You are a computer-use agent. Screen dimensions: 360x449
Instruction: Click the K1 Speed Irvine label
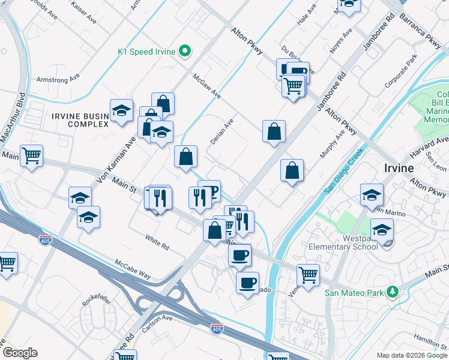coord(146,52)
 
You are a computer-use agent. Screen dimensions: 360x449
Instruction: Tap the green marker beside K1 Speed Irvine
coord(185,52)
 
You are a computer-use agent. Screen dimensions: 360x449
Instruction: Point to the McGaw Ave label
coord(207,86)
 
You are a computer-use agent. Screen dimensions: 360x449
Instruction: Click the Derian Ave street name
coord(221,131)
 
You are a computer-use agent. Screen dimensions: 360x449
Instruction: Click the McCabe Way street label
coord(133,268)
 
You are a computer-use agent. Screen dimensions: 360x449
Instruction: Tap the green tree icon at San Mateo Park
coord(393,292)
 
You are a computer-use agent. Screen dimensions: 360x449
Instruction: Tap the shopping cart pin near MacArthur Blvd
coord(32,156)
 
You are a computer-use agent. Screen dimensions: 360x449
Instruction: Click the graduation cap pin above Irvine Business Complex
coord(121,110)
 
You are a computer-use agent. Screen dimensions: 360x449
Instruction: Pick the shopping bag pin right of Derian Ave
coord(274,131)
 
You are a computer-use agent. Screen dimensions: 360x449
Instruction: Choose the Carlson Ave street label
coord(157,325)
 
